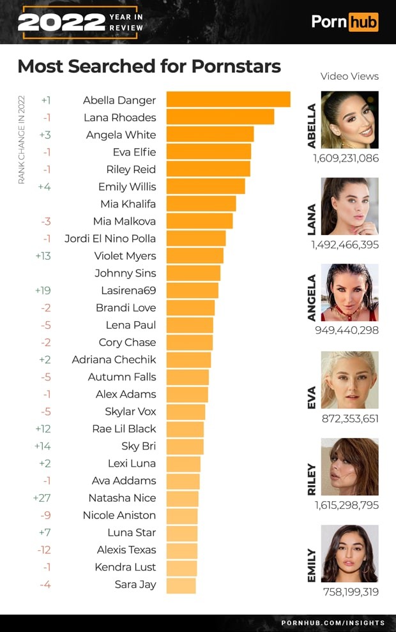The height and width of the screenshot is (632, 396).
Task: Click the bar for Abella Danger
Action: pyautogui.click(x=228, y=100)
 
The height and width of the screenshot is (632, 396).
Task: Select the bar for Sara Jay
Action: pyautogui.click(x=181, y=585)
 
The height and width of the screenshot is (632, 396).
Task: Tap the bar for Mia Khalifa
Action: pyautogui.click(x=201, y=204)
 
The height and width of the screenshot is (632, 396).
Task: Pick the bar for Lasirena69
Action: pyautogui.click(x=192, y=290)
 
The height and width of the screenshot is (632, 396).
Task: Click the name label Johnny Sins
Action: pyautogui.click(x=125, y=273)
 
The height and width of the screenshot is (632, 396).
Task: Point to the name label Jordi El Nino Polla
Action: pyautogui.click(x=110, y=239)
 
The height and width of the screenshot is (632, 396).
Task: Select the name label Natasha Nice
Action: pyautogui.click(x=122, y=498)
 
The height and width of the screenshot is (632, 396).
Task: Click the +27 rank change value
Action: pyautogui.click(x=42, y=498)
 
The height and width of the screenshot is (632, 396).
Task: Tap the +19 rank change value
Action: pyautogui.click(x=42, y=290)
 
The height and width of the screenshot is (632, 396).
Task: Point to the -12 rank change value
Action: pyautogui.click(x=43, y=550)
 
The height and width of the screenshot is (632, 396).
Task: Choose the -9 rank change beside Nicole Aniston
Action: pyautogui.click(x=45, y=515)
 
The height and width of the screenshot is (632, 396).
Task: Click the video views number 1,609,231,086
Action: pyautogui.click(x=346, y=158)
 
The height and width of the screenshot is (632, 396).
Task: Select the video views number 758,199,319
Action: pyautogui.click(x=350, y=592)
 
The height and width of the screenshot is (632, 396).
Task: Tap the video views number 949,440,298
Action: pyautogui.click(x=347, y=331)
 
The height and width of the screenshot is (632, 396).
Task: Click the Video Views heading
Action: pyautogui.click(x=349, y=77)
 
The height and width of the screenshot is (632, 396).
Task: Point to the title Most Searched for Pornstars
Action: pyautogui.click(x=149, y=66)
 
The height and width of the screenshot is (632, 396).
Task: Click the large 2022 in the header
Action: pyautogui.click(x=61, y=22)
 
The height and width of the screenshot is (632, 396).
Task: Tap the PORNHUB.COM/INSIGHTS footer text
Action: pyautogui.click(x=333, y=622)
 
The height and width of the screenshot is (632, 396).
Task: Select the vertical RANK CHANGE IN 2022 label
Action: pyautogui.click(x=21, y=140)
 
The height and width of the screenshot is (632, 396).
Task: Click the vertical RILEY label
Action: pyautogui.click(x=312, y=479)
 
